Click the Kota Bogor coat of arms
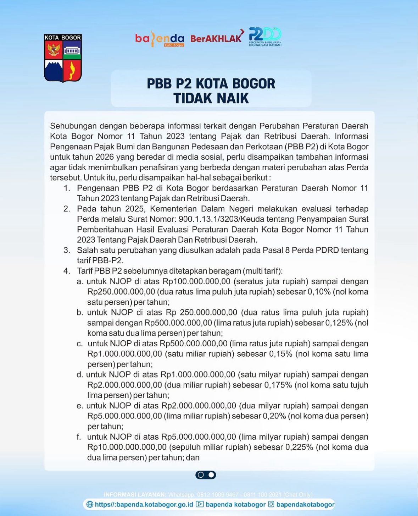(x=63, y=58)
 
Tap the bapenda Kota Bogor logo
(x=160, y=39)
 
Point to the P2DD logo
(x=265, y=37)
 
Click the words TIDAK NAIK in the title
(x=211, y=98)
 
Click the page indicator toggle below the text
(x=206, y=475)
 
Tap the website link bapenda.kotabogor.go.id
(x=144, y=504)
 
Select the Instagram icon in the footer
(x=271, y=504)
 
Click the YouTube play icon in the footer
(x=200, y=504)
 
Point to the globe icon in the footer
(x=90, y=504)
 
